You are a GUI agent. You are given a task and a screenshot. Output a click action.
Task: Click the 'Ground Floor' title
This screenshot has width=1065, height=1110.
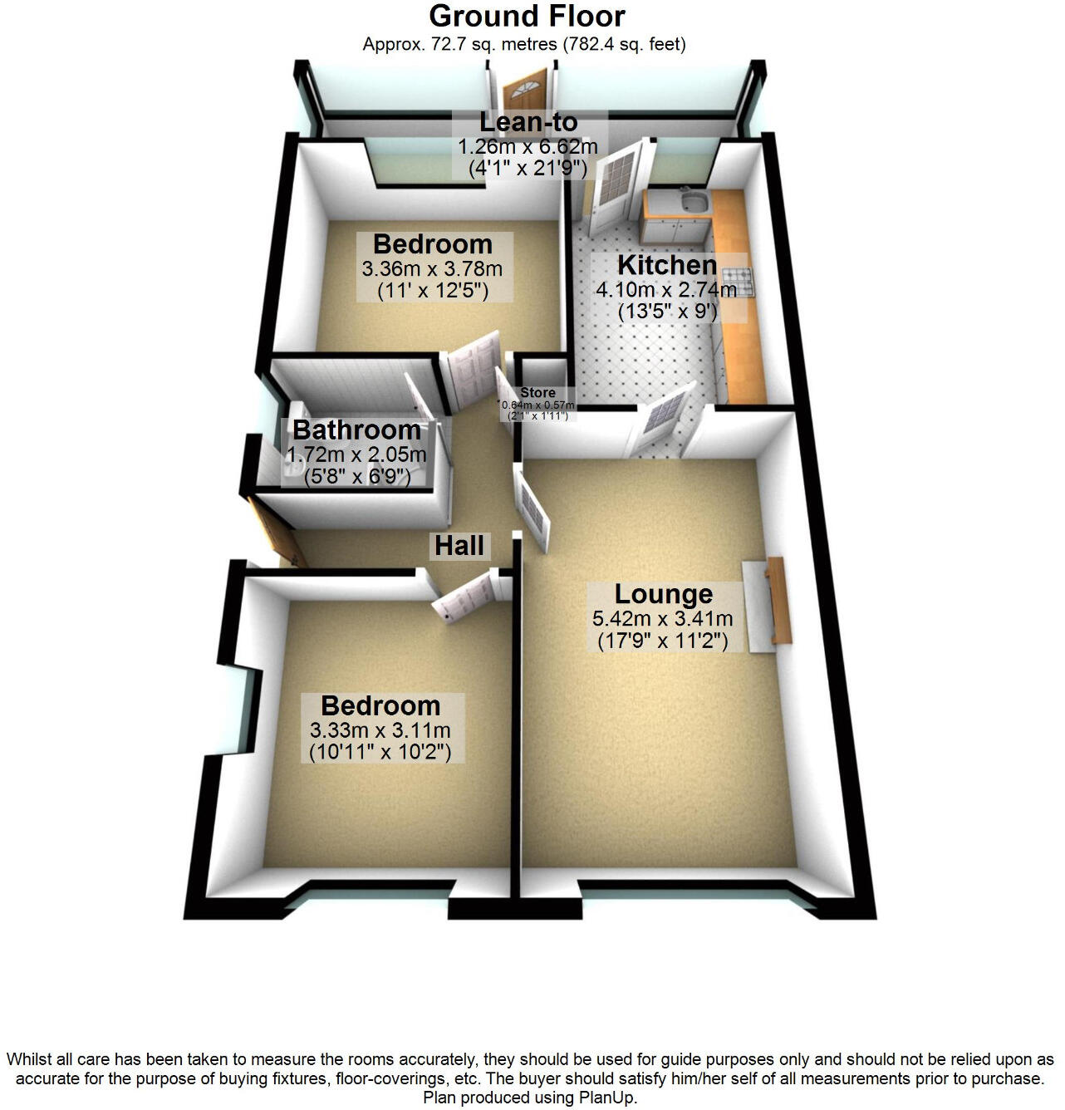coord(527,16)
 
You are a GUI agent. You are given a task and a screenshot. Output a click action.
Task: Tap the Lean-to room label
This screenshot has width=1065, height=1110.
coord(528,122)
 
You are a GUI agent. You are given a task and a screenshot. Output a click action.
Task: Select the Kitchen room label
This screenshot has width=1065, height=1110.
coord(666,265)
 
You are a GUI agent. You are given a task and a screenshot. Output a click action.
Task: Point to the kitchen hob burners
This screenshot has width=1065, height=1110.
coord(738,282)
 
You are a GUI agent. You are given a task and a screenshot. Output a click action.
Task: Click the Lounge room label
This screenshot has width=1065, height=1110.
coord(663,594)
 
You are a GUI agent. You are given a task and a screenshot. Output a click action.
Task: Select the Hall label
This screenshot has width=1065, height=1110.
coord(459,546)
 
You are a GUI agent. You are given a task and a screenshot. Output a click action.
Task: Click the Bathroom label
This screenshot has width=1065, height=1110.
coord(356,430)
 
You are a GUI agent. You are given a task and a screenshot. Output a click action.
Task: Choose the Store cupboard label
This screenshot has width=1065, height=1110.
coord(537,393)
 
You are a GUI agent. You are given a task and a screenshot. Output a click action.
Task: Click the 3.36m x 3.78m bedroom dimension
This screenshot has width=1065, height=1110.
coord(432,269)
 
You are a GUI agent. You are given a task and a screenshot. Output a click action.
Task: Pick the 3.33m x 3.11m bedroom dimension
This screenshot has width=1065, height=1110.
coord(380,730)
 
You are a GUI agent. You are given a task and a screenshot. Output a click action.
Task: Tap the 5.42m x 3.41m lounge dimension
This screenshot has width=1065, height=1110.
coord(663,618)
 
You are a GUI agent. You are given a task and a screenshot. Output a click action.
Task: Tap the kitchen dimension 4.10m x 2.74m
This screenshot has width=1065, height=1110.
coord(666,290)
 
